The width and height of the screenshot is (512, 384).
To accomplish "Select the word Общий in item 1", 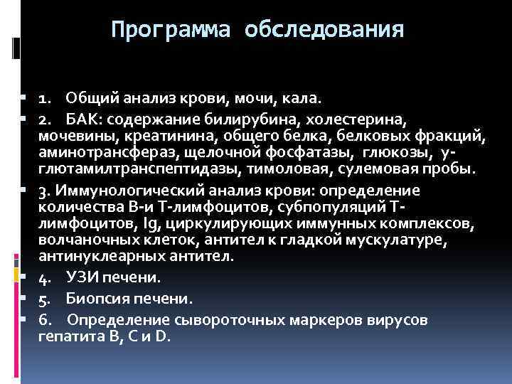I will click(x=93, y=96).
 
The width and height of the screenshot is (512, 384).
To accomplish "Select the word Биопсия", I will click(x=94, y=298).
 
